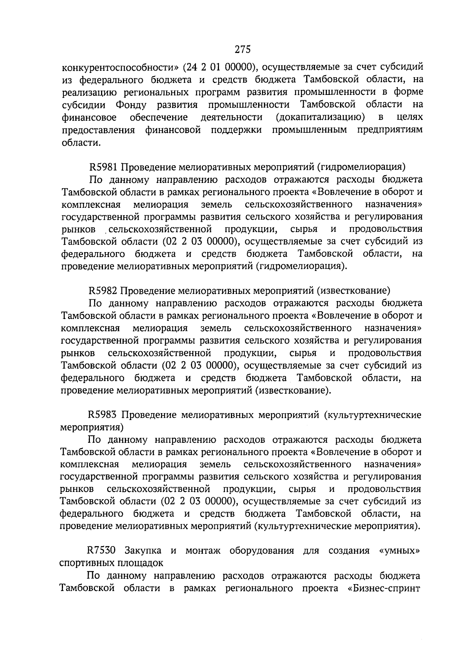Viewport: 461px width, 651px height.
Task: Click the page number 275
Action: pyautogui.click(x=242, y=50)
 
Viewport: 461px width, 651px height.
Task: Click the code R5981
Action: pyautogui.click(x=105, y=167)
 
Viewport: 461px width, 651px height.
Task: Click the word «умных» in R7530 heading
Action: pyautogui.click(x=399, y=550)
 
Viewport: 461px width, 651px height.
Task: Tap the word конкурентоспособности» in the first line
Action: pyautogui.click(x=121, y=68)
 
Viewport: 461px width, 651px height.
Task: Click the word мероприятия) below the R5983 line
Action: pyautogui.click(x=92, y=427)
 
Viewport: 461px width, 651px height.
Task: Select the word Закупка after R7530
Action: pyautogui.click(x=145, y=550)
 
